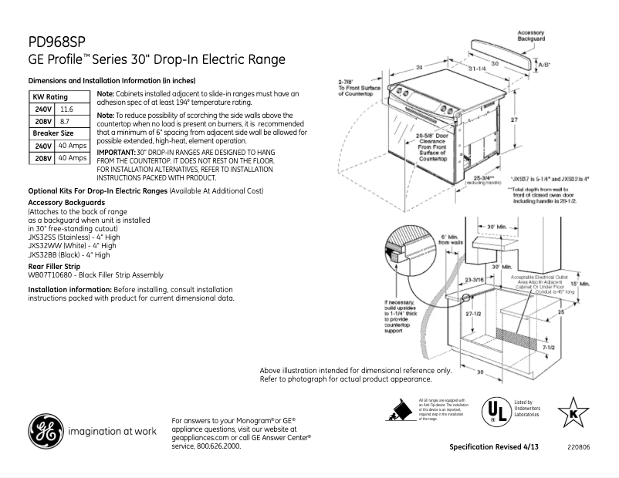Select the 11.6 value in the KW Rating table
click(x=67, y=110)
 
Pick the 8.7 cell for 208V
click(x=65, y=122)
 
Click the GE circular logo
click(x=46, y=431)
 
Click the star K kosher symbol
click(x=573, y=411)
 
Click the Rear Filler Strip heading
click(x=55, y=266)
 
